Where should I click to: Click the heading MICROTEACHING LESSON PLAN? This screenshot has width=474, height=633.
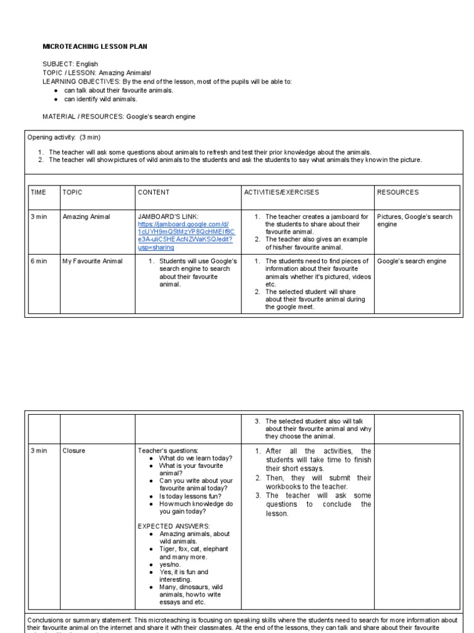(x=94, y=46)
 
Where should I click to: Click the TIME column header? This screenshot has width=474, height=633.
(x=39, y=192)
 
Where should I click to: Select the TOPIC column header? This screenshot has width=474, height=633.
(x=72, y=192)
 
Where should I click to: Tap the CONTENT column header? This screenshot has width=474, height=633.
(x=153, y=192)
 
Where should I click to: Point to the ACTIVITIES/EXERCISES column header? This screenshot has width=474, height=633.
(x=281, y=192)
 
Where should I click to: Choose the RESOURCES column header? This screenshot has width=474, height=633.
(x=397, y=192)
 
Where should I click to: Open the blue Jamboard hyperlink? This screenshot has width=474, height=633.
(x=185, y=232)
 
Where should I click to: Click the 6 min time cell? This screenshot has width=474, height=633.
(x=39, y=261)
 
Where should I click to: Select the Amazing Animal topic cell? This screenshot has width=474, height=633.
(x=86, y=217)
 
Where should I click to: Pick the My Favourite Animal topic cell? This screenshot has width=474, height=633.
(x=93, y=261)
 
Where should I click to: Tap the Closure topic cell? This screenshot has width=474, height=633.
(x=74, y=451)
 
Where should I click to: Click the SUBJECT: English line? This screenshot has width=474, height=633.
(x=70, y=64)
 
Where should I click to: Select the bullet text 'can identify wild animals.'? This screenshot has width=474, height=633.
(x=101, y=99)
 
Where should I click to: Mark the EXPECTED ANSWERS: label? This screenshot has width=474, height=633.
(x=165, y=526)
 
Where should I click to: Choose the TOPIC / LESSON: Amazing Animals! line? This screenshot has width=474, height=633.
(x=92, y=72)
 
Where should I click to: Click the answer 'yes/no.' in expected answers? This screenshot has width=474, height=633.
(x=172, y=564)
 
